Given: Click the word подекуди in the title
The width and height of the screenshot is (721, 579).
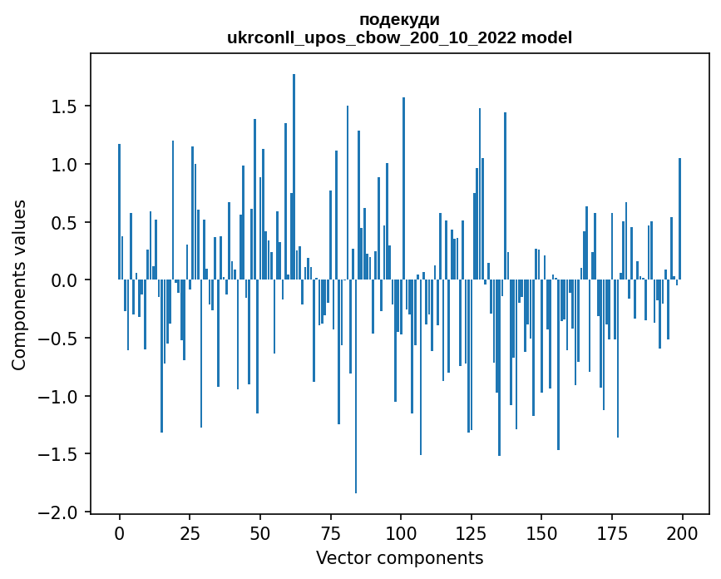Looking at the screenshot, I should pos(399,19).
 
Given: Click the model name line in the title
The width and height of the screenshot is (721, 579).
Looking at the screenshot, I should pos(399,37).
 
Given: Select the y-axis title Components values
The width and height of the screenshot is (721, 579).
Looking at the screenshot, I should pos(18,285).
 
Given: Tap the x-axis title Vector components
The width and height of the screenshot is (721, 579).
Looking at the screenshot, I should pos(399,557).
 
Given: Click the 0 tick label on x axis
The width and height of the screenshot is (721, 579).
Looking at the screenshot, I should pos(120,532).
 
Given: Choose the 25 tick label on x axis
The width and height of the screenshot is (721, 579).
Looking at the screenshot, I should pos(190,532).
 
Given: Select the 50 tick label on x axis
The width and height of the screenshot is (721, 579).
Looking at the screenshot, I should pos(260,532).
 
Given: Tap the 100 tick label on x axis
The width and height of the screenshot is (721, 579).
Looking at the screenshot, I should pos(401,532).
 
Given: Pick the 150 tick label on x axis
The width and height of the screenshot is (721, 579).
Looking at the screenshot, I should pos(541,532).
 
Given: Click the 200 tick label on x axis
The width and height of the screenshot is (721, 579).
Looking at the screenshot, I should pos(682,532).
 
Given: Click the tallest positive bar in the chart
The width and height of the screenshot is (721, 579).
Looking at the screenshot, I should pos(294,166).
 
